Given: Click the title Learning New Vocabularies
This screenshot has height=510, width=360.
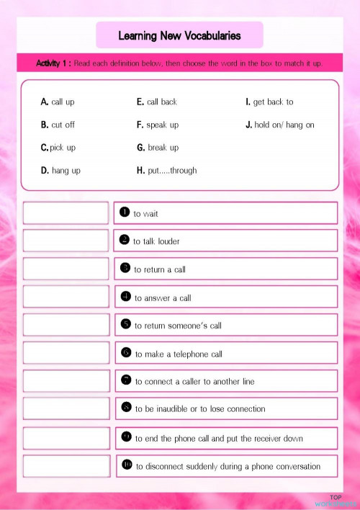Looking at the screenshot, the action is [179, 35].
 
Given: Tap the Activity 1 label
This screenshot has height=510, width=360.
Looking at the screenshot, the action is [53, 63].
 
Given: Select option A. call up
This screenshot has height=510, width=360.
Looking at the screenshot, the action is [58, 102].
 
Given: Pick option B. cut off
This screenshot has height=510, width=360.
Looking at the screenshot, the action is [58, 125].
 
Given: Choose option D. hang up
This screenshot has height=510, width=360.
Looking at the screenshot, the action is [60, 171].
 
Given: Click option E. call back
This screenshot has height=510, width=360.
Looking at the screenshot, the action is [156, 102].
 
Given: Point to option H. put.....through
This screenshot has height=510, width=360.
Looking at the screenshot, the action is [166, 171].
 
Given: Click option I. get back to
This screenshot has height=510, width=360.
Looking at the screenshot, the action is [269, 102].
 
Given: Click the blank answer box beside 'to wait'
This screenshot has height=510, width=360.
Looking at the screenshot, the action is [66, 213].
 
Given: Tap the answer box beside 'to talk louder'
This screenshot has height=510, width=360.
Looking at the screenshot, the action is [66, 241].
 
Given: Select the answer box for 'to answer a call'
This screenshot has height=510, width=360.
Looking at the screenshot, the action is [66, 297].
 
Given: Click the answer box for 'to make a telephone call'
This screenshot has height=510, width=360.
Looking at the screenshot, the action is [66, 353].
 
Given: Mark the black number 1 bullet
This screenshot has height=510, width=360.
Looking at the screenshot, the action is [125, 212].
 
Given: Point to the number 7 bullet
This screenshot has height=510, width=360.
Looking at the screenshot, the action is [126, 380].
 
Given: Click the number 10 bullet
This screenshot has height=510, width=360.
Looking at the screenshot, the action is [127, 465].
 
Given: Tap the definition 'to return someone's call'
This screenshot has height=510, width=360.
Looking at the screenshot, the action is [178, 326].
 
